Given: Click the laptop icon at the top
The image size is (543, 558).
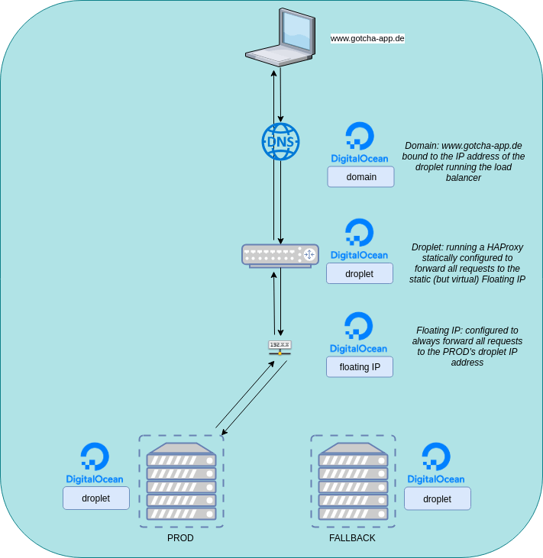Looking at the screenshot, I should (280, 38).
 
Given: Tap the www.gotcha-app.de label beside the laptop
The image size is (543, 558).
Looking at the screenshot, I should (367, 37).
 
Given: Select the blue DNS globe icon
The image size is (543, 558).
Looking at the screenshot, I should (280, 141).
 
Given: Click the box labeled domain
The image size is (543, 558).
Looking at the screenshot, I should (361, 177).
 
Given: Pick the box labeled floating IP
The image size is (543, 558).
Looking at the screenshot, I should (360, 367).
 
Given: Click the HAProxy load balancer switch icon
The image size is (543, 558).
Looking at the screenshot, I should (280, 255).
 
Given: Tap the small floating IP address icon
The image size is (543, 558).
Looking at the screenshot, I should (280, 347).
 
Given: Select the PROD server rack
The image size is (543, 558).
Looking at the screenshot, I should (181, 481).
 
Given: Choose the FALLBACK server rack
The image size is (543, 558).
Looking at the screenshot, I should (353, 481).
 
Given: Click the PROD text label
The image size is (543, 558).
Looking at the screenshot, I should (180, 538).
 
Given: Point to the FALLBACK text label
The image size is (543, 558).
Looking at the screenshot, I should (352, 538).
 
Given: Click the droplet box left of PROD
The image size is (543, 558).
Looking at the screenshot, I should (96, 498).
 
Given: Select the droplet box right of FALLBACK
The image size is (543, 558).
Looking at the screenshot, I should (437, 498).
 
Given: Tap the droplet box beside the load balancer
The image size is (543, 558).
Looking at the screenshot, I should (359, 273).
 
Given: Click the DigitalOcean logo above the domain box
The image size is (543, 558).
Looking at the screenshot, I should (359, 143).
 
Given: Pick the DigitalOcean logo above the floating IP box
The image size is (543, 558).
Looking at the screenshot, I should (358, 332).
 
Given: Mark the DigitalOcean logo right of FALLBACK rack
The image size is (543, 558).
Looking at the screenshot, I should (436, 463).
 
